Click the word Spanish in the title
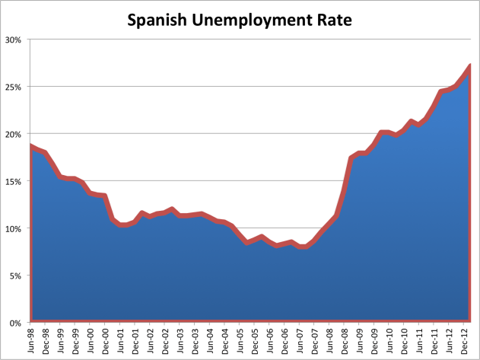tap(157, 21)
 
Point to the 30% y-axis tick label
tap(13, 40)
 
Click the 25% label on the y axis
tap(13, 87)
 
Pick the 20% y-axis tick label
tap(13, 134)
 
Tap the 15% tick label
tap(13, 181)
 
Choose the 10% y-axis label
tap(13, 228)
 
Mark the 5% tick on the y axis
tap(15, 276)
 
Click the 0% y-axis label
tap(15, 323)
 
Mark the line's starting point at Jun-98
tap(30, 145)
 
